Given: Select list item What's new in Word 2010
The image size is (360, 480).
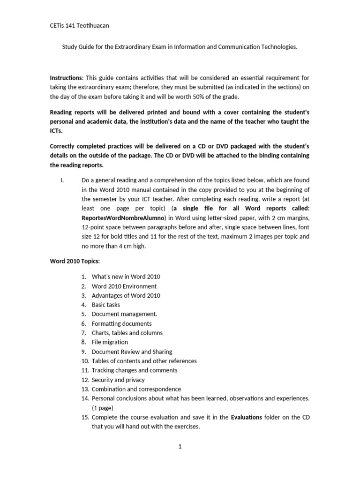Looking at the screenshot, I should click(x=126, y=277).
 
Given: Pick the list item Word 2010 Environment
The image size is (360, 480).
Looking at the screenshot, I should click(x=124, y=286).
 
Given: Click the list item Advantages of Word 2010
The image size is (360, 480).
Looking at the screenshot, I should click(x=126, y=295).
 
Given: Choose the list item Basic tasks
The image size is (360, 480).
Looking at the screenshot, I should click(x=105, y=305).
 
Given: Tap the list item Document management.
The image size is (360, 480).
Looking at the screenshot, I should click(x=124, y=314).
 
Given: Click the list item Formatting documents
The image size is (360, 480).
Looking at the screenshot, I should click(x=121, y=323).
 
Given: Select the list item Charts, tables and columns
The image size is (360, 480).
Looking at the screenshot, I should click(x=127, y=333).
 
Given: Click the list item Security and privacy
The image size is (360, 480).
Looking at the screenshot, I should click(x=118, y=380).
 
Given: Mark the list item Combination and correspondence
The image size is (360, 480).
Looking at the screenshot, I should click(x=136, y=389).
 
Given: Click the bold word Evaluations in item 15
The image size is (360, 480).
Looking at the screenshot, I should click(x=247, y=417).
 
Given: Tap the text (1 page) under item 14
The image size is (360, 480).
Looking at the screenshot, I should click(x=102, y=408).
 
